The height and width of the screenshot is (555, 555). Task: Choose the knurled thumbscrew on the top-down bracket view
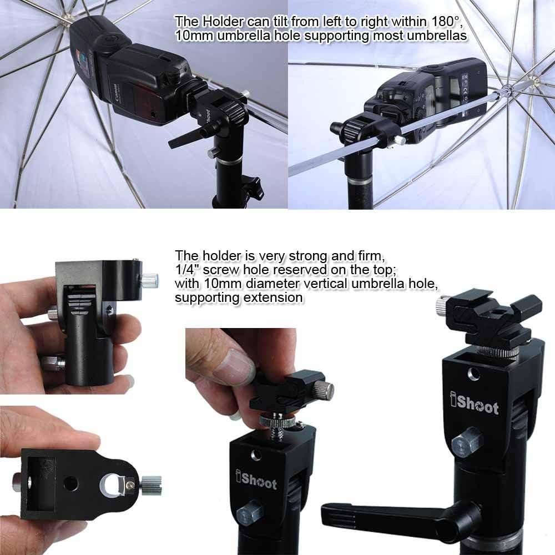pyautogui.click(x=149, y=480)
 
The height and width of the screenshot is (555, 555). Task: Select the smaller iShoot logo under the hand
pyautogui.click(x=256, y=481)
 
